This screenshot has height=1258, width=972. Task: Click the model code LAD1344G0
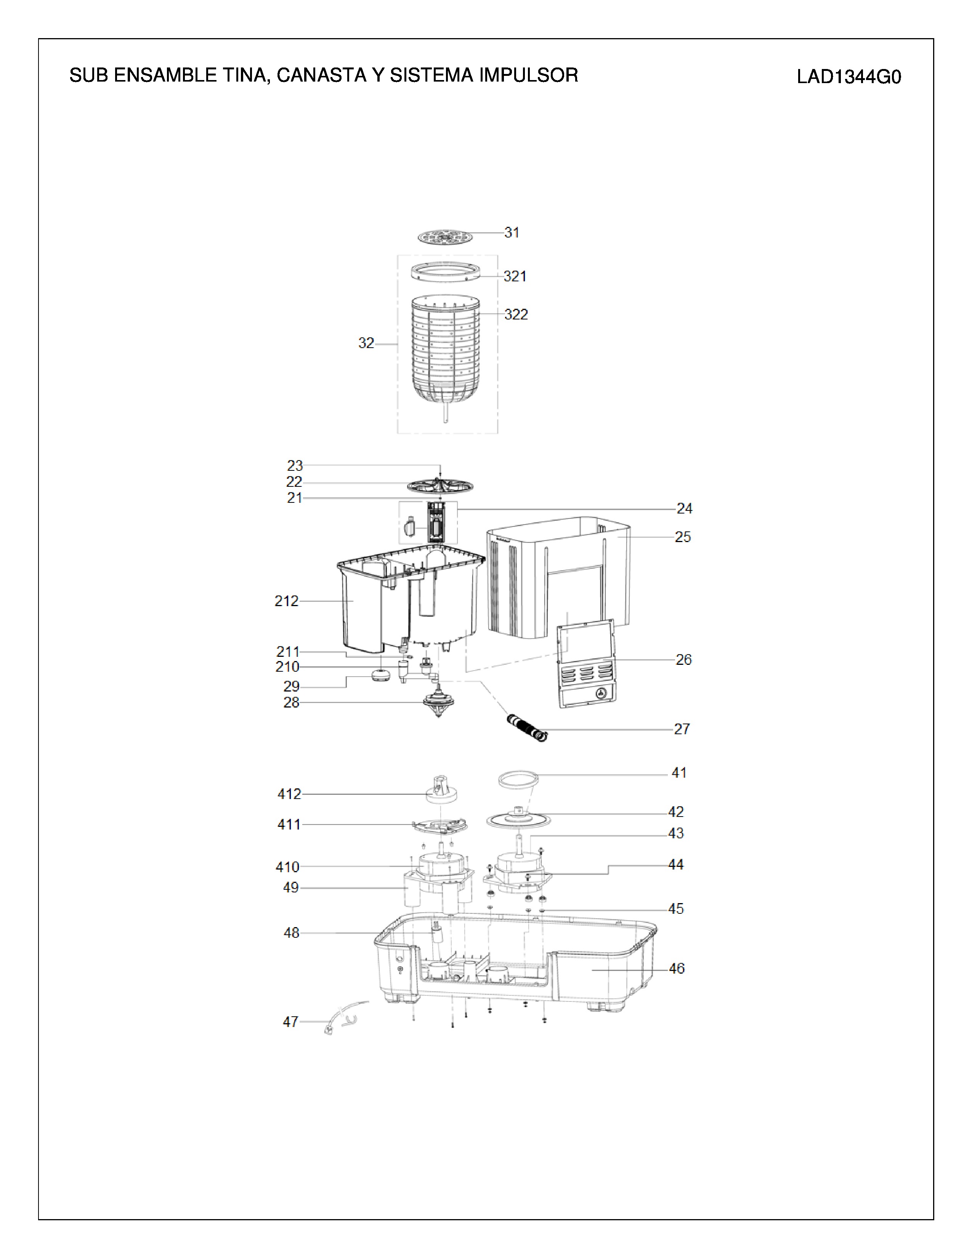click(x=849, y=77)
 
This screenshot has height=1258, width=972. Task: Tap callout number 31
click(x=511, y=232)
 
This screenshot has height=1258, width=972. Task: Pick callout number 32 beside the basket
click(x=366, y=343)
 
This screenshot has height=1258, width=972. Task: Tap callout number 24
click(x=684, y=508)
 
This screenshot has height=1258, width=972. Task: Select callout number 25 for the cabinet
click(x=682, y=537)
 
